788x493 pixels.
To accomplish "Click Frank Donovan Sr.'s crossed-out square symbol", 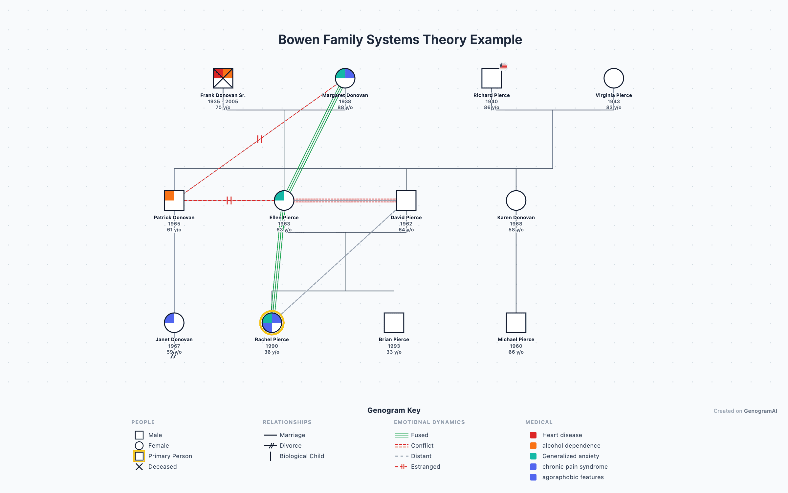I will coord(223,78).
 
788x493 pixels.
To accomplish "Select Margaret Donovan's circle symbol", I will coord(345,78).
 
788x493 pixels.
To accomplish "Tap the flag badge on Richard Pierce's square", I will coord(503,66).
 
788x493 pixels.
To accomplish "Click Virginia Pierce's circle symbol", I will coord(614,78).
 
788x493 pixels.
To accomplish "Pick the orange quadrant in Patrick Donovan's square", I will coord(169,196).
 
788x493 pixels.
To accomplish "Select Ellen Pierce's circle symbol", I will coord(284,200).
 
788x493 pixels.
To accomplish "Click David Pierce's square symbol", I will coord(406,200).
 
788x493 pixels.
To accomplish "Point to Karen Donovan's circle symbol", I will coord(516,200).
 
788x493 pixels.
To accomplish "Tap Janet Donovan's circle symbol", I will coord(174,323).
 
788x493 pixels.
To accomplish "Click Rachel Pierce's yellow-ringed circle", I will coord(272,323).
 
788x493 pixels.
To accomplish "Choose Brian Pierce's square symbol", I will coord(394,323).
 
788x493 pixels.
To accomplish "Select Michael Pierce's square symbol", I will coord(516,323).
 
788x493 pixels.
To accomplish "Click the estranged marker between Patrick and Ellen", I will coord(229,200).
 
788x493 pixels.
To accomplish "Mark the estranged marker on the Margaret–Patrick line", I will coord(260,139).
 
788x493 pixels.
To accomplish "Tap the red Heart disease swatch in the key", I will coord(533,435).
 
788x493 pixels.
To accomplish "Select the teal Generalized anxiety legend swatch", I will coord(533,456).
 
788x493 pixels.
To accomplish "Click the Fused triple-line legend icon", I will coord(402,435).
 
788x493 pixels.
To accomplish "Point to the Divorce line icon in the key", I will coord(271,446).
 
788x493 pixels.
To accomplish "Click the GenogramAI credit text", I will coord(760,411).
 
